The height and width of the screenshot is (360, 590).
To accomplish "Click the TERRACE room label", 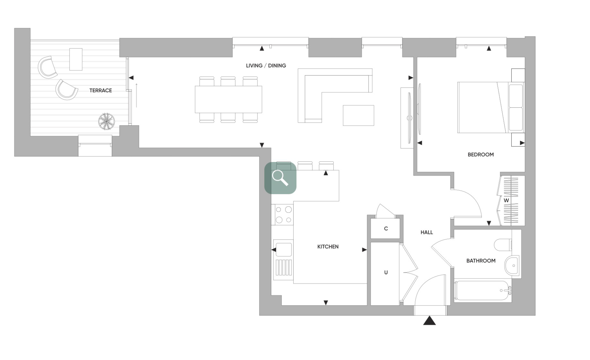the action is coord(101,90).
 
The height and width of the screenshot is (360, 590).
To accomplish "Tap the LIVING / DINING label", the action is coord(266,65).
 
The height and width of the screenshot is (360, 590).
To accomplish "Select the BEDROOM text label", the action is coord(481,154).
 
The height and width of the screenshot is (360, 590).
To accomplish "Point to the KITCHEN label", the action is coord(328,246).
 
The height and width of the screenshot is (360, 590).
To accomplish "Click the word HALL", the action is coord(427,232).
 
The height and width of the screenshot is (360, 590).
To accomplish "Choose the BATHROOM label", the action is coord(481,261).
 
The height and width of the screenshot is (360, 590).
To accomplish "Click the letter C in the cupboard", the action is coord(386,229).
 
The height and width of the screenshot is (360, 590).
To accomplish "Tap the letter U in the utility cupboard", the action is coord(386,272).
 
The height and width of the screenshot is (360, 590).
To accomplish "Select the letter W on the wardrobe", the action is coord(506,200).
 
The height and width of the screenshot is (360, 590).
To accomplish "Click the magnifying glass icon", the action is coord(280,178).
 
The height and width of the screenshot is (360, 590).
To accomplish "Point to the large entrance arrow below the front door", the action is coord(429,320).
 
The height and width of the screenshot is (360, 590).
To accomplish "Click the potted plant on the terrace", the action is coord(106,121).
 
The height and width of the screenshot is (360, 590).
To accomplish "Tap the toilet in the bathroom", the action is coord(503,245).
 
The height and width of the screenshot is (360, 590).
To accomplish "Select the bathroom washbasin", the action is coord(512,265).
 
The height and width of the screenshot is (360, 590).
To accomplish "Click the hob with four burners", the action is coord(283,214).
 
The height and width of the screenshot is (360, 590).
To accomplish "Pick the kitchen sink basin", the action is coord(284,250).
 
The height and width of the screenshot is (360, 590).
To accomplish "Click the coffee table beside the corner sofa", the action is coord(358,115).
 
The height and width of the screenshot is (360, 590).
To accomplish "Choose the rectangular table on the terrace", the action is coord(76,59).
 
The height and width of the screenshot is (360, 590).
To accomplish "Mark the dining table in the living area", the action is coord(228,99).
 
